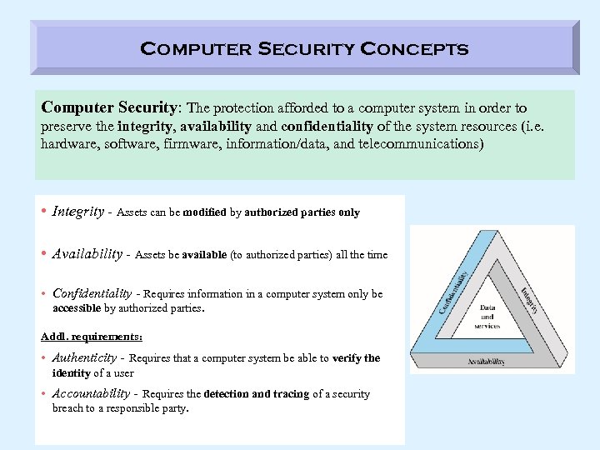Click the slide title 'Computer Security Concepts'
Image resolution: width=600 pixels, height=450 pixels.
tap(304, 48)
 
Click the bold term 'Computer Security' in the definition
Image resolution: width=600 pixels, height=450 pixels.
tap(110, 108)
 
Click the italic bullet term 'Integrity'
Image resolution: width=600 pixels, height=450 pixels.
tap(78, 212)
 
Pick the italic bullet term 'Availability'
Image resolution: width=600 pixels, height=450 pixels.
tap(87, 254)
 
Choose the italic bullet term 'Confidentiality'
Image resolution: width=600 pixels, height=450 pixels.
tap(92, 293)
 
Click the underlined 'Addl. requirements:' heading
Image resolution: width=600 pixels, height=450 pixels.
tap(92, 337)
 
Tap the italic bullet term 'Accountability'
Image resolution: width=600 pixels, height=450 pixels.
tap(91, 393)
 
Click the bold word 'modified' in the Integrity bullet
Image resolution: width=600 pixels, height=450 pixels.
tap(203, 212)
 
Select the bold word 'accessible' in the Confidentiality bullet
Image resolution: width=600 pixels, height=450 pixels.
tap(77, 307)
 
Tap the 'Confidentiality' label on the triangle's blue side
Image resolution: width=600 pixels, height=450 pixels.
tap(453, 289)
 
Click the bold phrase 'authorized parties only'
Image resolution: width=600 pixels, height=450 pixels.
tap(302, 212)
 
